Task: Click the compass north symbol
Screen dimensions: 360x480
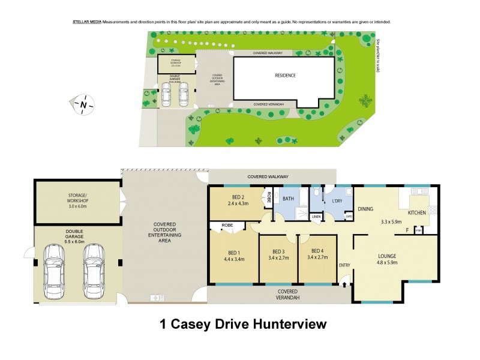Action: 84,104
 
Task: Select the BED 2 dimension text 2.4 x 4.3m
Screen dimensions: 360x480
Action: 238,204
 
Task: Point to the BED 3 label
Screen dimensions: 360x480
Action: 278,251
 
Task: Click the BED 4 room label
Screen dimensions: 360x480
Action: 317,251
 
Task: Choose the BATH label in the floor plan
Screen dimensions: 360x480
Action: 288,198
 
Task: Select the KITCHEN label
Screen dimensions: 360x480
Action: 418,213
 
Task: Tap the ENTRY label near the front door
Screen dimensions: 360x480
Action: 344,265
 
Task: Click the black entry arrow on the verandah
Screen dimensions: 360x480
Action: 344,286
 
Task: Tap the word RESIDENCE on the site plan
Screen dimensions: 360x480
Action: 285,75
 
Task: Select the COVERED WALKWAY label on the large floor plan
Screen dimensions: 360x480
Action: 267,177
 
